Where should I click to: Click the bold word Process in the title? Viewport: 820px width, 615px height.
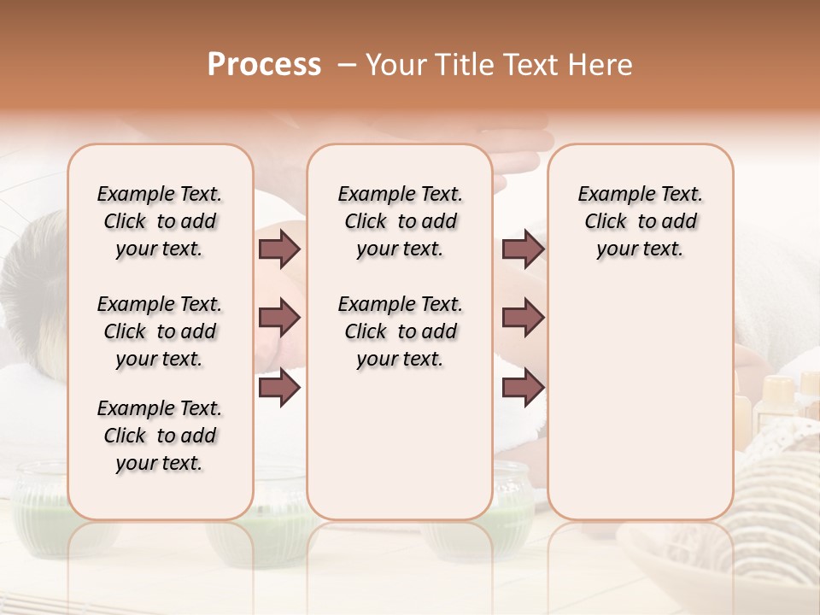click(x=264, y=65)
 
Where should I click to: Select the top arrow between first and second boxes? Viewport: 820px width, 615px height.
click(x=279, y=249)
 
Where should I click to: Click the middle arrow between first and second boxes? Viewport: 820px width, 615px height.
click(x=279, y=318)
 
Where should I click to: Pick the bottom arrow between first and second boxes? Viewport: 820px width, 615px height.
click(x=279, y=388)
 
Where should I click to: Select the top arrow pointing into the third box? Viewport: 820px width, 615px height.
click(x=523, y=249)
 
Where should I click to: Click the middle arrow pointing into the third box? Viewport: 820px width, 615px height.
click(x=523, y=318)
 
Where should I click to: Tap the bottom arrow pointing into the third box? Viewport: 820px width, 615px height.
click(x=523, y=388)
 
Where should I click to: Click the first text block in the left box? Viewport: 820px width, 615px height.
click(x=160, y=221)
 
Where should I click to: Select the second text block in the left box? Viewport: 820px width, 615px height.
click(x=160, y=331)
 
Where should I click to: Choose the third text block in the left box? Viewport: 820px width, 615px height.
click(x=160, y=436)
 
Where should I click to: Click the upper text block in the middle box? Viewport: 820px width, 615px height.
click(x=400, y=221)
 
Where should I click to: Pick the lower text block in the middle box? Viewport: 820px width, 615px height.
click(x=400, y=331)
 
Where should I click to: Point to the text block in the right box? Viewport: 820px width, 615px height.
click(x=640, y=221)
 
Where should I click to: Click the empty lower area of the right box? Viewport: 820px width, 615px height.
click(x=640, y=401)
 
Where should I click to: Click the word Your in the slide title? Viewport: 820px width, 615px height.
click(x=395, y=65)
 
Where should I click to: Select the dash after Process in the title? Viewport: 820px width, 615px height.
click(x=347, y=65)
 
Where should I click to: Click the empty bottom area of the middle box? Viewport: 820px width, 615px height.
click(x=400, y=453)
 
